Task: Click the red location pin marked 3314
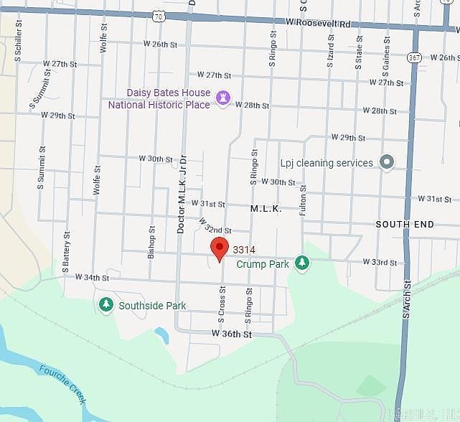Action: [220, 249]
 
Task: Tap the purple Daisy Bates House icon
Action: [222, 98]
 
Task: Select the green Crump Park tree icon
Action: [303, 263]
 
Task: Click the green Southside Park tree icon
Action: [106, 306]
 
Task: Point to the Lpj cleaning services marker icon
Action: [387, 162]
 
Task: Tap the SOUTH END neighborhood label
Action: [405, 225]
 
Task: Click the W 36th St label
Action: [232, 334]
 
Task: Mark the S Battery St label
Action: [66, 246]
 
